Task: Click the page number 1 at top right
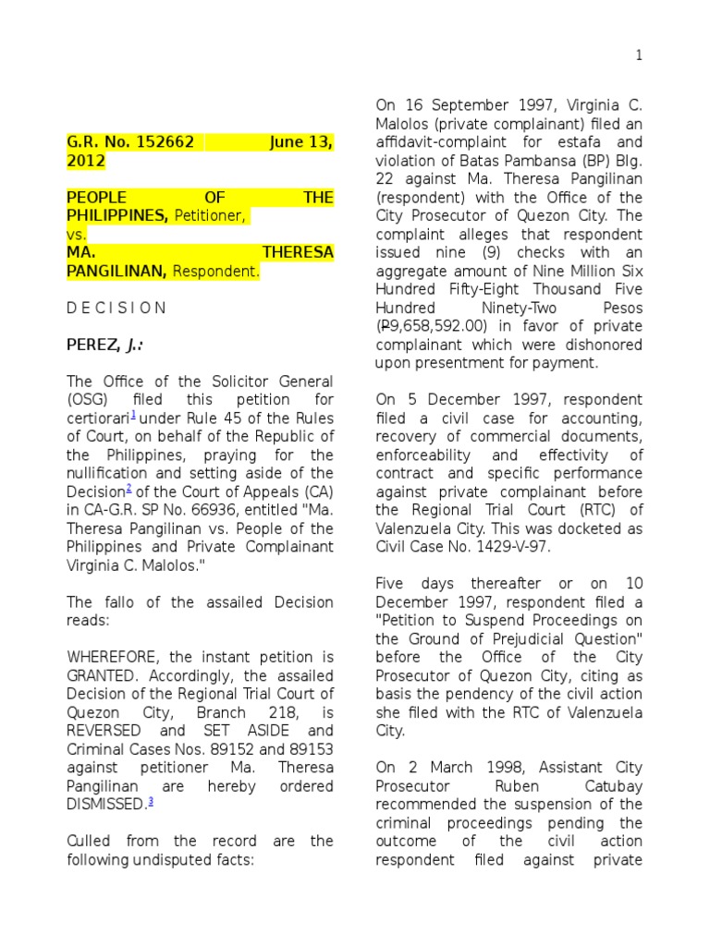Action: [x=638, y=56]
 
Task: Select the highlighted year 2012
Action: [x=86, y=162]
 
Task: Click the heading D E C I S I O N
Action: [x=116, y=308]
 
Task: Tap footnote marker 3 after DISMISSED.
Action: [x=151, y=800]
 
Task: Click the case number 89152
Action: [x=241, y=748]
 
